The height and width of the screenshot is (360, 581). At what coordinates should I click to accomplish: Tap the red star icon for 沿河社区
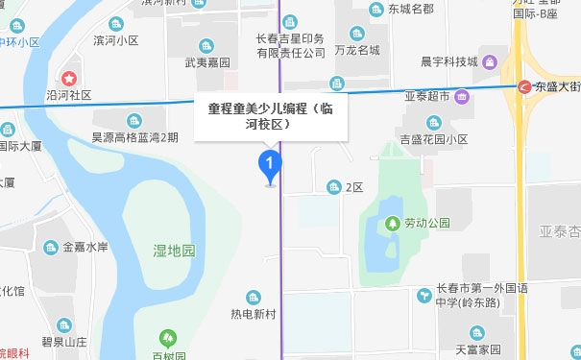(x=69, y=78)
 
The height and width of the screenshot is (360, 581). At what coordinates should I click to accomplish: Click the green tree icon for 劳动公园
(x=392, y=224)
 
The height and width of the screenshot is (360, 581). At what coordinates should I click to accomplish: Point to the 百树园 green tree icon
(x=168, y=338)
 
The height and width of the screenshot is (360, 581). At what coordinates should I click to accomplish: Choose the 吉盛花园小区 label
(x=436, y=139)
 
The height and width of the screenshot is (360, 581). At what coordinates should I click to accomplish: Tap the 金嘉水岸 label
(x=85, y=247)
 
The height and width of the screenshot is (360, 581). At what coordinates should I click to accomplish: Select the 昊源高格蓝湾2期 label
(x=134, y=137)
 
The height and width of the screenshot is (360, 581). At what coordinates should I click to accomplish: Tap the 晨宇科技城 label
(x=448, y=62)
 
